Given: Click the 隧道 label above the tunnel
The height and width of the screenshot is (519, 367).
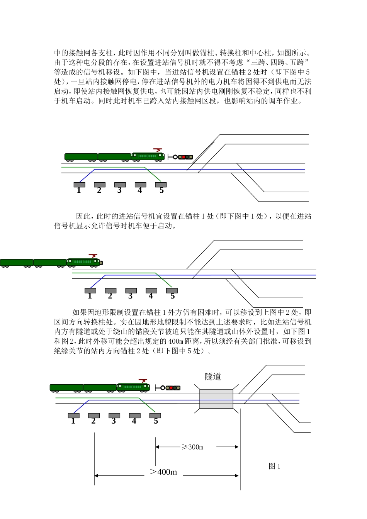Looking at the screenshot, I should (x=213, y=377).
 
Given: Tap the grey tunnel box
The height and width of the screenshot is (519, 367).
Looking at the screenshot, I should (x=216, y=399).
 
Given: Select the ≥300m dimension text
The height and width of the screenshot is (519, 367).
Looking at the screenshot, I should (x=192, y=447).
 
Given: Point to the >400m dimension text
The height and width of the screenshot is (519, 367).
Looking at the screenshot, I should (x=163, y=472).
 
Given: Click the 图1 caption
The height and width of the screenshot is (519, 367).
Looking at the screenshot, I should (x=274, y=466).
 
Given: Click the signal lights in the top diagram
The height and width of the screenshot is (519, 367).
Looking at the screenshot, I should (x=185, y=157).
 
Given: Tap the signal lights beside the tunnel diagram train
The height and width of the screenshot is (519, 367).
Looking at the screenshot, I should (x=173, y=388).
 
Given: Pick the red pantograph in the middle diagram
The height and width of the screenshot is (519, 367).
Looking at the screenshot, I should (x=93, y=256).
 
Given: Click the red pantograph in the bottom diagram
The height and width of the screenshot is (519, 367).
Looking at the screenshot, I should (x=143, y=381).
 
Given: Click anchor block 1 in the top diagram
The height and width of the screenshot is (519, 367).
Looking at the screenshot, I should (x=79, y=185).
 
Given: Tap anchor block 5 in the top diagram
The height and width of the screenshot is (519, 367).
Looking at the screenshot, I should (x=161, y=185).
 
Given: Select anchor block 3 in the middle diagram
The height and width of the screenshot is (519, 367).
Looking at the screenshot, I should (x=131, y=291).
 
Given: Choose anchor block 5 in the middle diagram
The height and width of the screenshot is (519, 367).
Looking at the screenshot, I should (x=172, y=291).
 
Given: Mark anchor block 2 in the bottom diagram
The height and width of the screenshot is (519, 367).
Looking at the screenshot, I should (x=94, y=416).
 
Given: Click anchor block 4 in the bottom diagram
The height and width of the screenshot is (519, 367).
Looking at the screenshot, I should (x=134, y=416).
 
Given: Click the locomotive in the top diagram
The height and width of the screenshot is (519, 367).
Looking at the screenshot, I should (x=148, y=156).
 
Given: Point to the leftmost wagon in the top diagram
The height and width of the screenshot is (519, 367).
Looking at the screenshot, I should (x=81, y=157).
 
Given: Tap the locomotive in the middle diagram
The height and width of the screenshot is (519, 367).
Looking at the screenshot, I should (x=84, y=262).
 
